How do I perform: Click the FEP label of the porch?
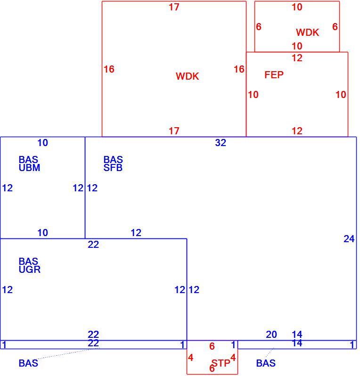pyautogui.click(x=274, y=75)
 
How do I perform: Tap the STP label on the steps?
pyautogui.click(x=221, y=363)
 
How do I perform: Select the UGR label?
pyautogui.click(x=30, y=270)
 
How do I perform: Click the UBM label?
pyautogui.click(x=30, y=168)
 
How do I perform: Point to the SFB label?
pyautogui.click(x=113, y=168)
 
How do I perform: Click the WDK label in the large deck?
pyautogui.click(x=188, y=76)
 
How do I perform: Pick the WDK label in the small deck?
pyautogui.click(x=308, y=33)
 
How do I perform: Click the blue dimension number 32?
pyautogui.click(x=221, y=143)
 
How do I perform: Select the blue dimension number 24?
pyautogui.click(x=349, y=239)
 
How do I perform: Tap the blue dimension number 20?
pyautogui.click(x=271, y=334)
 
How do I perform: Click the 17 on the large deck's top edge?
pyautogui.click(x=174, y=7)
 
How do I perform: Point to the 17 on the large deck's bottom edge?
pyautogui.click(x=174, y=131)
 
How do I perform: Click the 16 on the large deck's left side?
pyautogui.click(x=109, y=69)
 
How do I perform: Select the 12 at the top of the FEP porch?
pyautogui.click(x=297, y=58)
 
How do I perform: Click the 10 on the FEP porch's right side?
pyautogui.click(x=341, y=95)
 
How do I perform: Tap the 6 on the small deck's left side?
pyautogui.click(x=259, y=27)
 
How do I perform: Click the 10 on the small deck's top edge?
pyautogui.click(x=297, y=7)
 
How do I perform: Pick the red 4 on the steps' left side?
pyautogui.click(x=191, y=358)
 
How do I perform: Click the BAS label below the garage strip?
pyautogui.click(x=28, y=363)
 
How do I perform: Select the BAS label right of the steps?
pyautogui.click(x=266, y=363)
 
